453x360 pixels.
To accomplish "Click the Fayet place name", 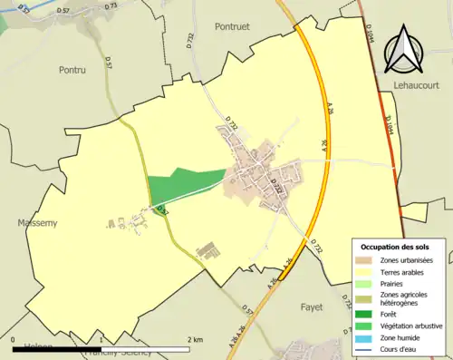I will pyautogui.click(x=311, y=307).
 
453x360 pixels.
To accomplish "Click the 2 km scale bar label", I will pyautogui.click(x=195, y=339).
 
